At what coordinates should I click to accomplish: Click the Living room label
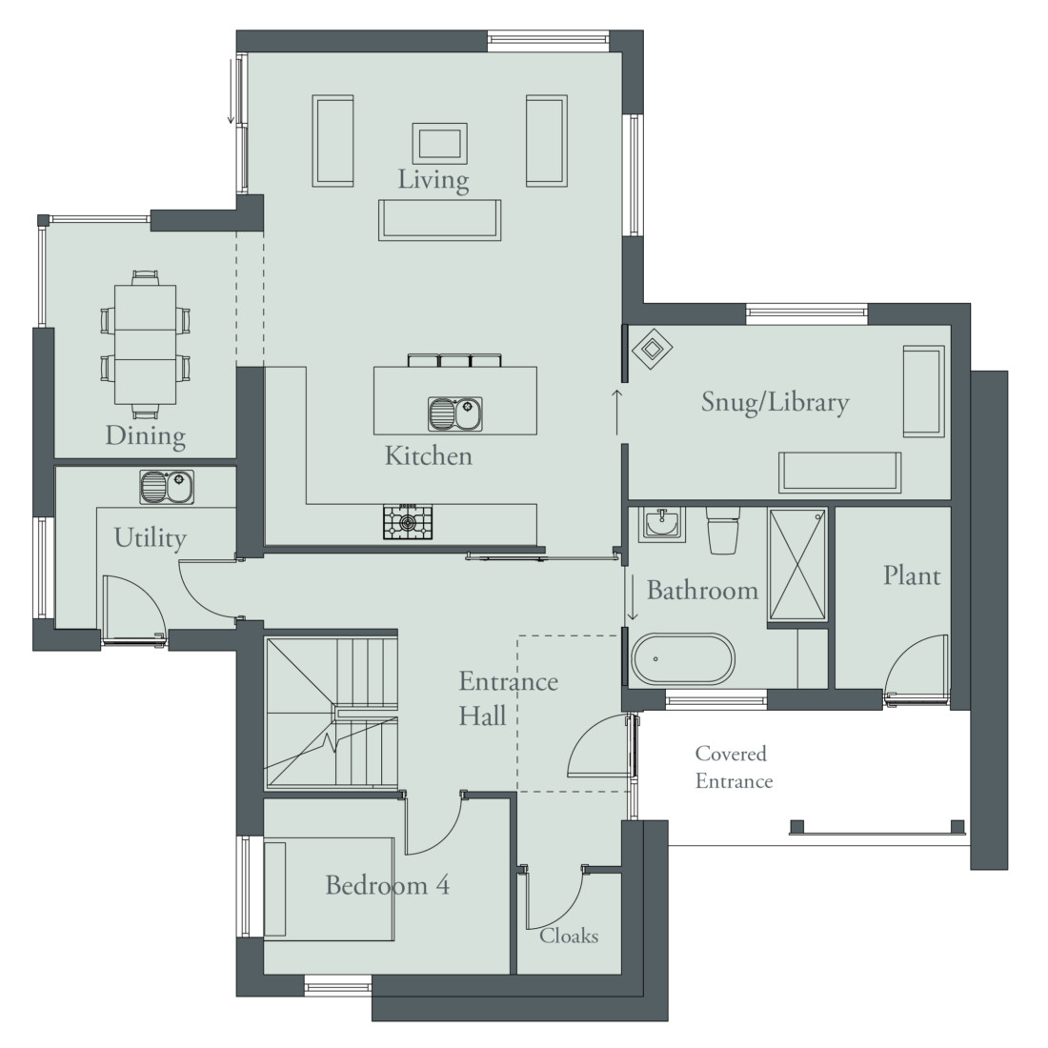tap(433, 179)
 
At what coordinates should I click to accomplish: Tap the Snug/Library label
tap(775, 402)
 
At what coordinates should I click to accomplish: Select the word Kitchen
tap(428, 455)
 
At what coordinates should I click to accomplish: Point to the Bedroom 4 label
tap(387, 885)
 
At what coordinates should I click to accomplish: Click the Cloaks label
tap(569, 936)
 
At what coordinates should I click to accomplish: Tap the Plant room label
tap(911, 575)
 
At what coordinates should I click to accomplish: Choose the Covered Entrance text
tap(733, 768)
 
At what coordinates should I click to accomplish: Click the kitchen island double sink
tap(454, 413)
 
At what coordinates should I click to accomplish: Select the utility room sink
tap(167, 487)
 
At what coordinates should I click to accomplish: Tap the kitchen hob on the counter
tap(408, 521)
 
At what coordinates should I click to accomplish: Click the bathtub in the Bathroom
tap(683, 658)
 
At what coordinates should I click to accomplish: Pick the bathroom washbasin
tap(660, 523)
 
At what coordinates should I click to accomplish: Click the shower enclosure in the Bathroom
tap(798, 567)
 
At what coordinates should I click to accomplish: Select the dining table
tap(144, 344)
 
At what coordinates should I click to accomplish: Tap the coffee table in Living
tap(439, 143)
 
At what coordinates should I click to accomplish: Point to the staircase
tap(332, 713)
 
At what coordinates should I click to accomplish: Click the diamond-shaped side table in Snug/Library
tap(653, 352)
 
